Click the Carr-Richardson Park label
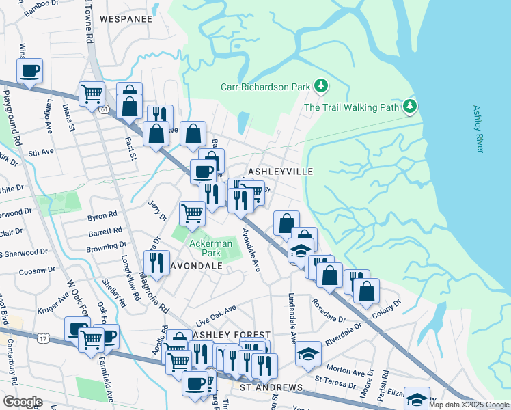point(266,87)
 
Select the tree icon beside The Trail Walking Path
point(409,106)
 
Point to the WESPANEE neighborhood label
point(126,19)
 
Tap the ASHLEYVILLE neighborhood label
point(280,171)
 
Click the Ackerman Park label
point(211,248)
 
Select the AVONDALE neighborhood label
point(197,265)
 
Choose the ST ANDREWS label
point(271,387)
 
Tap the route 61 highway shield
point(104,109)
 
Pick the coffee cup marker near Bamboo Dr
point(30,71)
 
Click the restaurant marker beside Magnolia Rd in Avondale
point(156,262)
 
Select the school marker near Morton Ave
point(308,354)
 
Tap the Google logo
point(23,402)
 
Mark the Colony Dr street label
point(387,303)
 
